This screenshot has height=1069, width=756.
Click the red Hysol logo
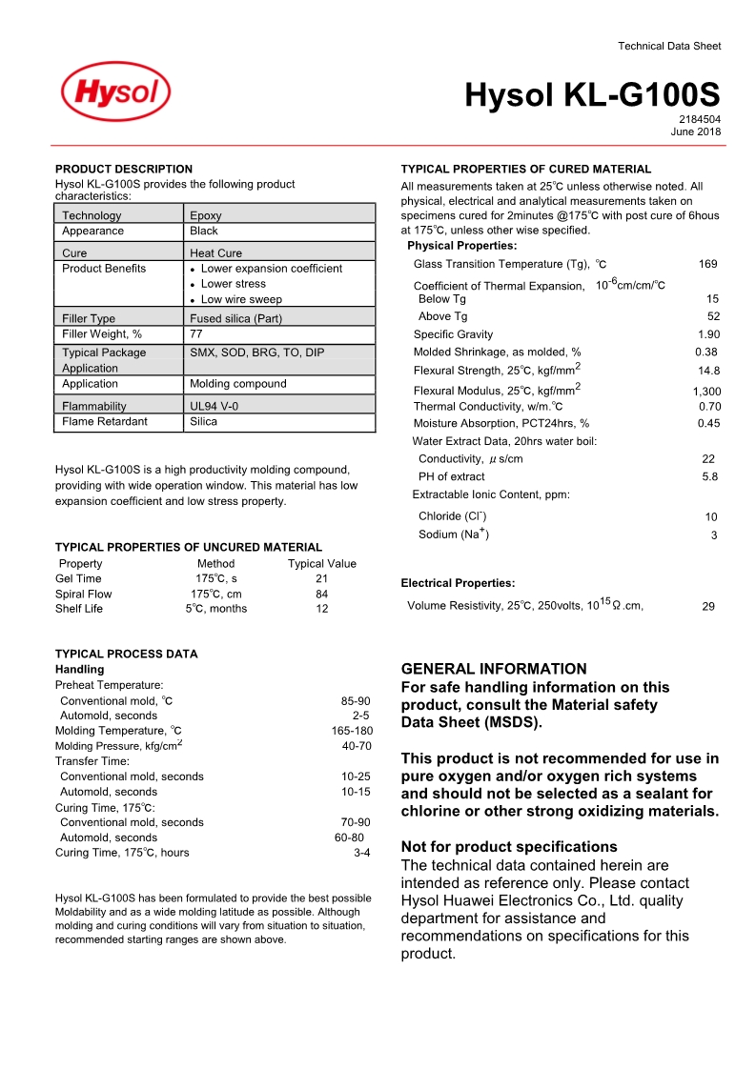point(115,94)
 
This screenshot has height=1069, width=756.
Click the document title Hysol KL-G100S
point(592,95)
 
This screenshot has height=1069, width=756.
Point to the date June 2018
point(697,131)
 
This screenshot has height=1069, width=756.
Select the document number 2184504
point(700,119)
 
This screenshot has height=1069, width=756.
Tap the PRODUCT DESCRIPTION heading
point(124,169)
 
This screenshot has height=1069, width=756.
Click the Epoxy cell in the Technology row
point(206,215)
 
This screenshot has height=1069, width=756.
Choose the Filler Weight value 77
point(196,333)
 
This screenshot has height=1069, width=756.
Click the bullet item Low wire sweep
point(241,299)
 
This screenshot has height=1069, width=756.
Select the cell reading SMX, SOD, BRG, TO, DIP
point(257,353)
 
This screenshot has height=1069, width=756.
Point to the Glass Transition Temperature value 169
point(707,264)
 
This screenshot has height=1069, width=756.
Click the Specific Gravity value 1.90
point(708,334)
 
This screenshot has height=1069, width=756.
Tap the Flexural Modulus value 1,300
point(706,392)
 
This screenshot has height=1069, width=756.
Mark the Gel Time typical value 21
point(321,578)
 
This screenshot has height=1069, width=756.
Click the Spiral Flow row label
point(84,594)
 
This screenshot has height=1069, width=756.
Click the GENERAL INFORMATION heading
point(494,669)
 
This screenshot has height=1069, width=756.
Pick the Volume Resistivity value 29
point(708,606)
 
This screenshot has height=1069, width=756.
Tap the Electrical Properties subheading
point(458,583)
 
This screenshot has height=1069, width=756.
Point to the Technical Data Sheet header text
point(669,46)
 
